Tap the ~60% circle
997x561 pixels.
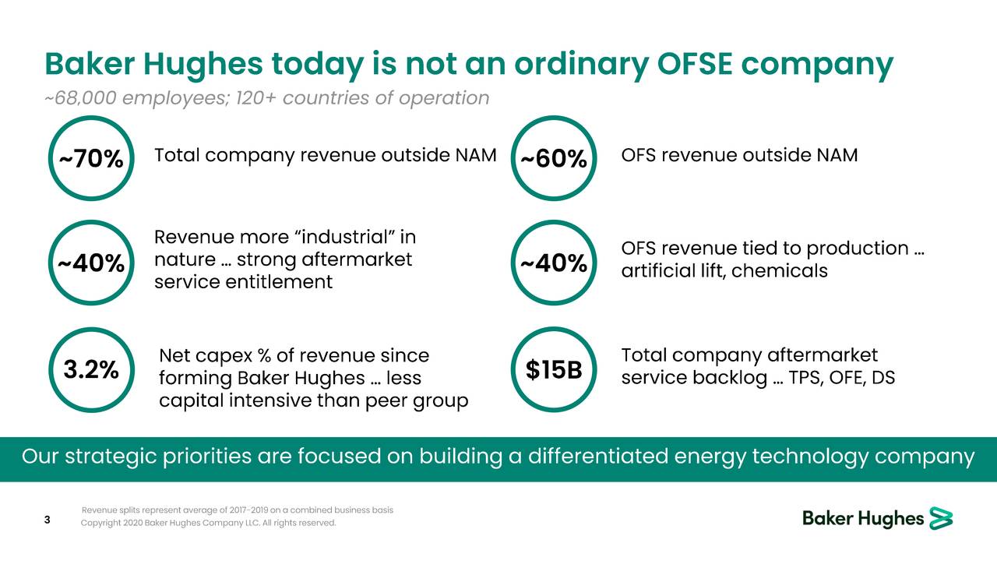pos(553,159)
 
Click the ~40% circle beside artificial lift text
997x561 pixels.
pos(553,264)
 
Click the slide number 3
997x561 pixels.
pos(47,520)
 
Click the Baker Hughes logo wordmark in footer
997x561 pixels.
pos(863,519)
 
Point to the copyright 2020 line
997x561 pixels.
pos(209,523)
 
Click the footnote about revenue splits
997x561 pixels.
pos(237,510)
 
